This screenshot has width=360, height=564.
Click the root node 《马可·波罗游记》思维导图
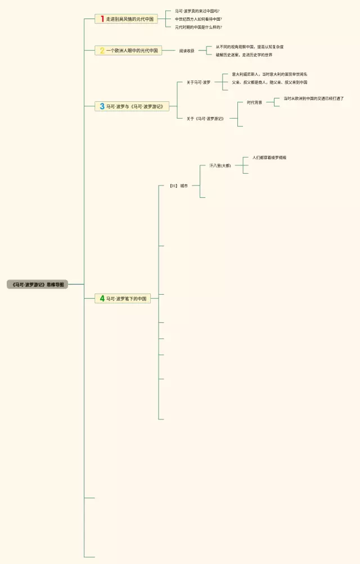click(x=37, y=285)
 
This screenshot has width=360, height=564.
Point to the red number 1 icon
click(x=102, y=19)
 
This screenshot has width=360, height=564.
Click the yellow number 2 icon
click(x=102, y=51)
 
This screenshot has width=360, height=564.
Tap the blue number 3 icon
click(x=102, y=106)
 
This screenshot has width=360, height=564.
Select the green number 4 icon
click(x=102, y=299)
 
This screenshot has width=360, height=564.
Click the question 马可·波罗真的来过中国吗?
click(x=197, y=11)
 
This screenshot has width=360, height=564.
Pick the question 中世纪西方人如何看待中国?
click(x=198, y=19)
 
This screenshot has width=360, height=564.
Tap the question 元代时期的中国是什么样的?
click(x=198, y=27)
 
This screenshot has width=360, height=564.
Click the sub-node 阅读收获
click(x=187, y=51)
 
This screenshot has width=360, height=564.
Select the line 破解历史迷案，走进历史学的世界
click(x=244, y=55)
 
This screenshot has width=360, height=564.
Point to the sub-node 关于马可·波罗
click(x=199, y=82)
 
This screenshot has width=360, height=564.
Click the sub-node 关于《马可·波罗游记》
click(x=205, y=119)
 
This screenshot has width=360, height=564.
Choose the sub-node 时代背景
click(x=254, y=102)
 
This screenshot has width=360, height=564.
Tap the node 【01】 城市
click(x=179, y=185)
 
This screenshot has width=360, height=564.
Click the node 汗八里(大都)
click(x=220, y=166)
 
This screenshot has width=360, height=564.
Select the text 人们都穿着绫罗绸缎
click(x=269, y=157)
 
